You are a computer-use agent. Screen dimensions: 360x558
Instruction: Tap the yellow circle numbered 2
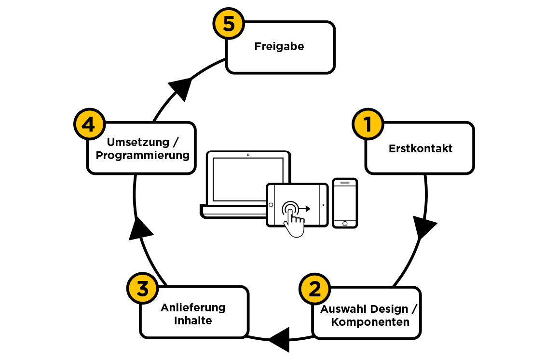tap(314, 289)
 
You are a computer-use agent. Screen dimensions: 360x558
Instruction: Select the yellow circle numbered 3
tap(142, 289)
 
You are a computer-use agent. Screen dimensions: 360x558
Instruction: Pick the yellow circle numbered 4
tap(89, 125)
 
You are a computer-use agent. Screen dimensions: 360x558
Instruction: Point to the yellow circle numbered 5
tap(229, 24)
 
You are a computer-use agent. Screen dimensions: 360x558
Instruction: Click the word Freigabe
tap(279, 47)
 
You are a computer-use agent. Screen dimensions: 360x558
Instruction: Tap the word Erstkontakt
tap(421, 148)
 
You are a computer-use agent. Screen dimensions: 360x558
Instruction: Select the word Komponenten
tap(370, 322)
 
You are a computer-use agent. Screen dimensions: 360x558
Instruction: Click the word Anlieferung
tap(193, 307)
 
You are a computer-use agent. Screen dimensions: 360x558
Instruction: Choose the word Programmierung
tap(142, 155)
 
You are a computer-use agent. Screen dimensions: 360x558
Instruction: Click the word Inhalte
tap(193, 320)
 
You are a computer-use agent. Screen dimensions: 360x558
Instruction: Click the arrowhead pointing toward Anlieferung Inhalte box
tap(280, 339)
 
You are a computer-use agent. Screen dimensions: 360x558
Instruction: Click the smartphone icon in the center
tap(345, 203)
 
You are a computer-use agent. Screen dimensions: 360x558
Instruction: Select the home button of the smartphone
tap(345, 224)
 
